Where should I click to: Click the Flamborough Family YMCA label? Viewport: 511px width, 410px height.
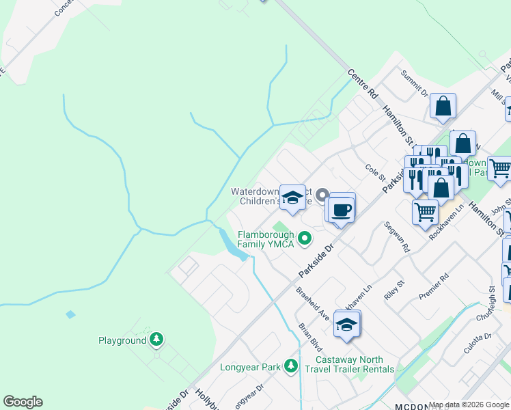266,239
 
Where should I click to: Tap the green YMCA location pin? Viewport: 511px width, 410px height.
305,238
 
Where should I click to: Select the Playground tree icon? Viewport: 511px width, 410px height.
157,340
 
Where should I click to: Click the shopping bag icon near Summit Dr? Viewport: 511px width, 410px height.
443,107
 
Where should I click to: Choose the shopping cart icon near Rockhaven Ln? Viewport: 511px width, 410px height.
426,211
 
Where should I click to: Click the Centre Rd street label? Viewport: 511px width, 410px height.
363,83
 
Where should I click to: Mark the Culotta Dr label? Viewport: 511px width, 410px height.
478,346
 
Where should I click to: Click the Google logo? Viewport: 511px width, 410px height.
23,402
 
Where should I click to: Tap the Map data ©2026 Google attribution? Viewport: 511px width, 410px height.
469,405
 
